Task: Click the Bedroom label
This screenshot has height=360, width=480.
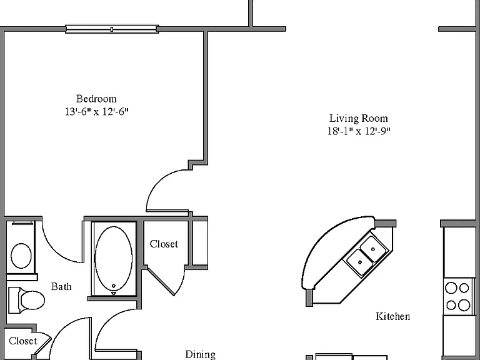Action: (x=96, y=99)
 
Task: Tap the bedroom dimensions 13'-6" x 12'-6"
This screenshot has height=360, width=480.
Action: (x=96, y=112)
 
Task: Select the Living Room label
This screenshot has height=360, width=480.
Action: (x=359, y=119)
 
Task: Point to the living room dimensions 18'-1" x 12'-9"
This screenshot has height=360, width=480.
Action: (x=359, y=131)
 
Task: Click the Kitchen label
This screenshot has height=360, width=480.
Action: (x=392, y=316)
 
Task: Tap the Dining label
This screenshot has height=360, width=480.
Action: (x=200, y=355)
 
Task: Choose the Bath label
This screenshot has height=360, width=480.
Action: (x=61, y=286)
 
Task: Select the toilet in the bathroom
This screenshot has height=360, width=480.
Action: (x=27, y=300)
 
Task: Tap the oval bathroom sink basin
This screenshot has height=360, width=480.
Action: (x=21, y=256)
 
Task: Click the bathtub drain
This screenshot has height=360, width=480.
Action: (x=114, y=286)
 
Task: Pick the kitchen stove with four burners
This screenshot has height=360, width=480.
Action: (x=457, y=296)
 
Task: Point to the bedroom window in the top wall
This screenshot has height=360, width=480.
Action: (x=112, y=29)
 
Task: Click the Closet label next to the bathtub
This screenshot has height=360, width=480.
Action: (x=164, y=244)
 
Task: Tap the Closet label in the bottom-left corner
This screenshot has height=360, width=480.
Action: (x=23, y=341)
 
